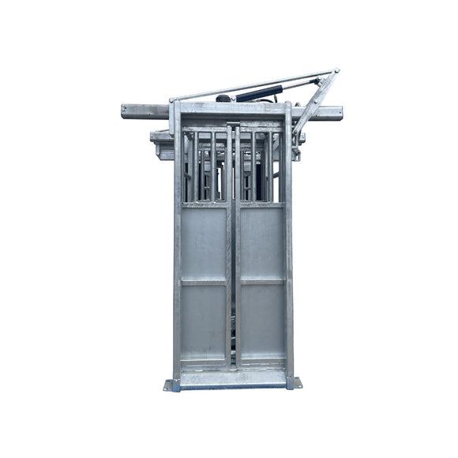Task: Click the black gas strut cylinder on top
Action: pyautogui.click(x=257, y=92)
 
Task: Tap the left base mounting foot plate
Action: pyautogui.click(x=168, y=385)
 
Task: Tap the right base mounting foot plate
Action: pyautogui.click(x=297, y=384)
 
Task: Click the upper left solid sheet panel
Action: pyautogui.click(x=203, y=242)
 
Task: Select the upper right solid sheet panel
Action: pyautogui.click(x=261, y=242)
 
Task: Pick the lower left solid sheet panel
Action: pyautogui.click(x=203, y=320)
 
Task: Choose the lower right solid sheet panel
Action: pyautogui.click(x=261, y=320)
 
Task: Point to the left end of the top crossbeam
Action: pyautogui.click(x=128, y=111)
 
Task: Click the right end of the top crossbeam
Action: pyautogui.click(x=337, y=113)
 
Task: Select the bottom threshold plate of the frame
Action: pyautogui.click(x=232, y=380)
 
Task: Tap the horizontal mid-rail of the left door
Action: pyautogui.click(x=203, y=281)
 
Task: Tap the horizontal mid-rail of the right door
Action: pyautogui.click(x=261, y=281)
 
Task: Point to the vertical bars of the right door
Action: pyautogui.click(x=261, y=167)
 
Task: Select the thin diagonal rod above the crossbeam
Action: pyautogui.click(x=237, y=86)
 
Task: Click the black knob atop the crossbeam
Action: pyautogui.click(x=224, y=99)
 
